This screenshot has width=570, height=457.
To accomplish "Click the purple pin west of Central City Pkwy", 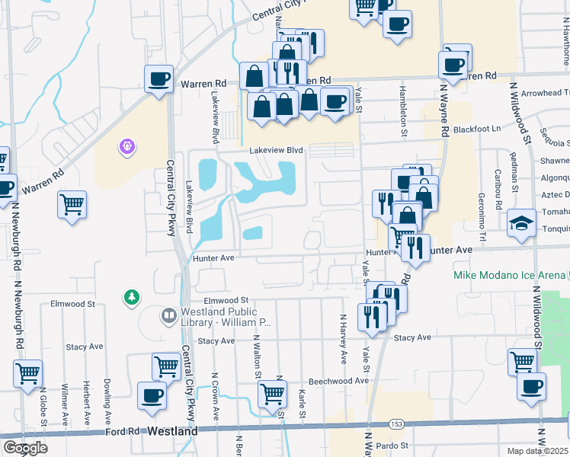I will point(127,145).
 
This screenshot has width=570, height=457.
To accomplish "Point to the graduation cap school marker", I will point(522,222).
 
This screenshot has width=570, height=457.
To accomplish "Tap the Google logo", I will point(25,448).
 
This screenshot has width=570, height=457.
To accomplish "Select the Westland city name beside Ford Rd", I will point(172,430).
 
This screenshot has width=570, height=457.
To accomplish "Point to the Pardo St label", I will point(394,446).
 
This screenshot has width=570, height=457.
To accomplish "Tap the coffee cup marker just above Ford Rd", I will point(152,396).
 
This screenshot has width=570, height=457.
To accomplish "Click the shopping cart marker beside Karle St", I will point(272,394).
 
